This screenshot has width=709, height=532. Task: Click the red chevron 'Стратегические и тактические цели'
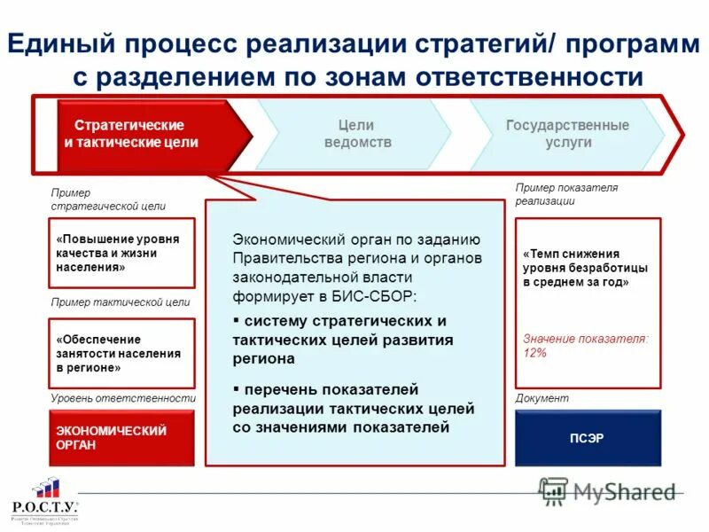142,134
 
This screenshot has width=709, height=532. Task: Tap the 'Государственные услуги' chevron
567,134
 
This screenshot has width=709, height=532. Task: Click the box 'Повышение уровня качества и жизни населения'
121,253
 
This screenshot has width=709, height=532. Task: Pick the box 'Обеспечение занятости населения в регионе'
121,353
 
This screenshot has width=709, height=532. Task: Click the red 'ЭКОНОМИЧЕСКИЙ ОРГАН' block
121,438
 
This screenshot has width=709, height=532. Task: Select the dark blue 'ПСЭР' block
588,438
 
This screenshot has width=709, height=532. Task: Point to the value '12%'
534,353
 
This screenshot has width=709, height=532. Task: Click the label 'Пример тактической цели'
121,301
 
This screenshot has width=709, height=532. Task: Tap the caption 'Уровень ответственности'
122,399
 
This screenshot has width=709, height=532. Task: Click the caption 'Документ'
541,399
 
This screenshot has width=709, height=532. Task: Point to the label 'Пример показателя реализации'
566,194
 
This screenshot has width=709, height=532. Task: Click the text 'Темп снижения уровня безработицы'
585,267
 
